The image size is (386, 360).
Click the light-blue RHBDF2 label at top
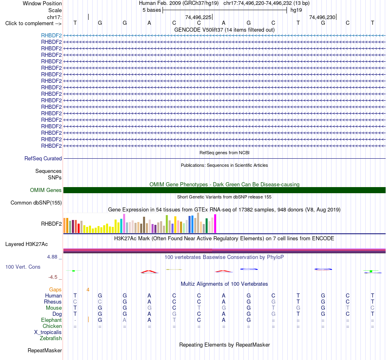click(52, 35)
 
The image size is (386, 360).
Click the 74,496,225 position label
click(198, 17)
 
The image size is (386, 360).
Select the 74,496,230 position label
click(322, 17)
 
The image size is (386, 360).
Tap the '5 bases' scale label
click(152, 10)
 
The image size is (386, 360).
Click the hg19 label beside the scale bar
click(296, 10)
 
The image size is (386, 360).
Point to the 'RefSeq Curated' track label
click(43, 158)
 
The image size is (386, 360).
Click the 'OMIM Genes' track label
click(46, 190)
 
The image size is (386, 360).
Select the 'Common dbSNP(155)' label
click(36, 203)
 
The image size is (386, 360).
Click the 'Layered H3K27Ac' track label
click(26, 244)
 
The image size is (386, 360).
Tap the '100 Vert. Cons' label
click(23, 267)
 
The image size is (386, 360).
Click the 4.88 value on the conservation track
click(52, 257)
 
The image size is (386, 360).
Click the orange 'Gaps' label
click(55, 290)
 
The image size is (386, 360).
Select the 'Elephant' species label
click(52, 320)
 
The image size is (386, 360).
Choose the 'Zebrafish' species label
click(51, 338)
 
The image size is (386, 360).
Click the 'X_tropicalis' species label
click(48, 332)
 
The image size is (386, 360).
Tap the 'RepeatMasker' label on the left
click(45, 350)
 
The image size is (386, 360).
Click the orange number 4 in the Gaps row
click(88, 290)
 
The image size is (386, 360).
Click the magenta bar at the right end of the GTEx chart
click(215, 224)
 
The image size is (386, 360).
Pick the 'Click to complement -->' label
click(33, 24)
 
